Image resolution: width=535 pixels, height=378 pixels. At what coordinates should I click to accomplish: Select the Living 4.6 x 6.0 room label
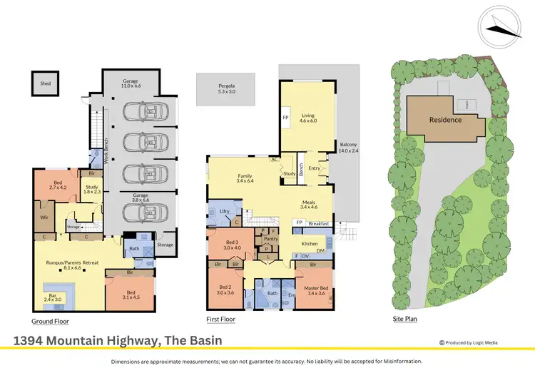coord(308,118)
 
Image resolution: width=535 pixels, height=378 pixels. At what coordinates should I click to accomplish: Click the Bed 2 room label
coord(225,289)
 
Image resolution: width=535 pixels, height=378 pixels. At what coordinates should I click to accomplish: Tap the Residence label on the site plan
coord(445,119)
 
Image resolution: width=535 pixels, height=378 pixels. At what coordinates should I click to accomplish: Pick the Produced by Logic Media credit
coord(473,342)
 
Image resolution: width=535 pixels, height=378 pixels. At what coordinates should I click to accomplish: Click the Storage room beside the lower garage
coord(165,245)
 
